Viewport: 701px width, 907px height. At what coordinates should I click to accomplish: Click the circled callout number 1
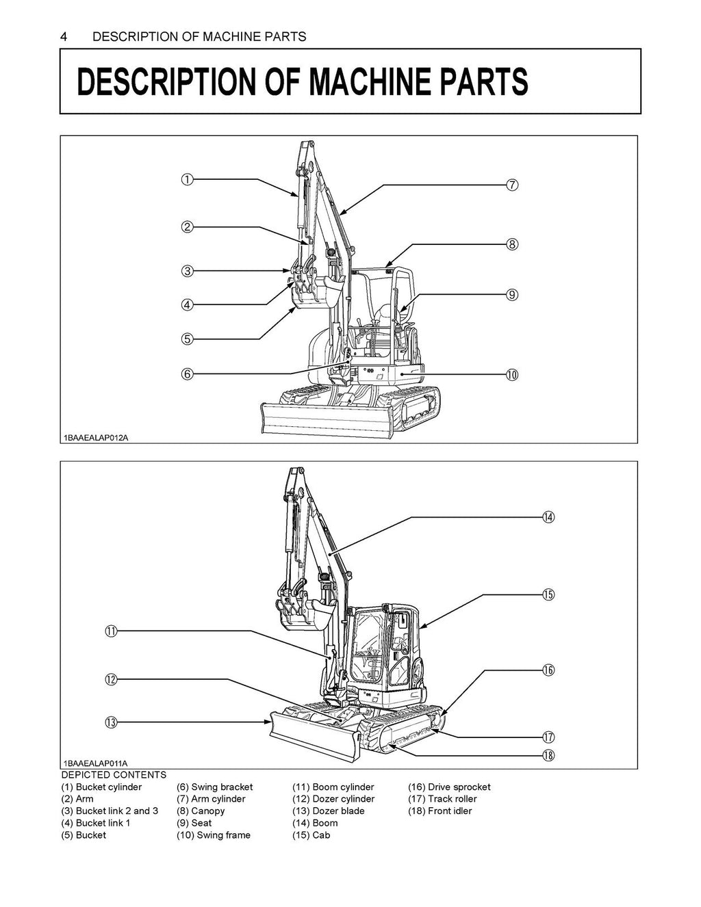pos(186,179)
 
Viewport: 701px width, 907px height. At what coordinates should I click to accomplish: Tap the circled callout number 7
pos(512,185)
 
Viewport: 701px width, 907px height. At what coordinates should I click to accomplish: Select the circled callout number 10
pos(512,374)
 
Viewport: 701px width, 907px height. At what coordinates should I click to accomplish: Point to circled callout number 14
pos(548,517)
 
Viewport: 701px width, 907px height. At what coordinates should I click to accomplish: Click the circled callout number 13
pos(110,722)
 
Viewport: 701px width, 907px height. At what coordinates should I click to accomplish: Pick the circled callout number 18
pos(548,755)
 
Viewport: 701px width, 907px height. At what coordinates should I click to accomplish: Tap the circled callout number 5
pos(186,339)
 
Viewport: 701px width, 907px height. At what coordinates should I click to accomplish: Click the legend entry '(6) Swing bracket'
pos(214,787)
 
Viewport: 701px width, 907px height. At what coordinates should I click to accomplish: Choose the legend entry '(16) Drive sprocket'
pos(449,787)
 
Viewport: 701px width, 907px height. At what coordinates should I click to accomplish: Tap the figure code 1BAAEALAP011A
pos(96,763)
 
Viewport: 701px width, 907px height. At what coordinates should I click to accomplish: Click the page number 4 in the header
pos(64,36)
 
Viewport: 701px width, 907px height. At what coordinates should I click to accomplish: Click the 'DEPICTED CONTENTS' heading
pos(114,774)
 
